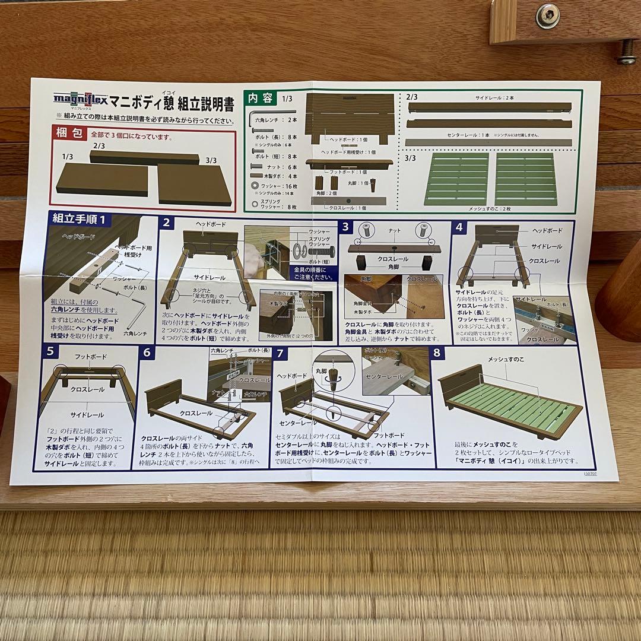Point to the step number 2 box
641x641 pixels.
(167, 224)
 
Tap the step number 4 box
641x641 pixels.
(459, 227)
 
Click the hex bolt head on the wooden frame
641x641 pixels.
(547, 16)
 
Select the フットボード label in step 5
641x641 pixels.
(91, 358)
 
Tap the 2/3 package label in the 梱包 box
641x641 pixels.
(99, 145)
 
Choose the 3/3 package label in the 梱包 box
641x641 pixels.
(211, 159)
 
